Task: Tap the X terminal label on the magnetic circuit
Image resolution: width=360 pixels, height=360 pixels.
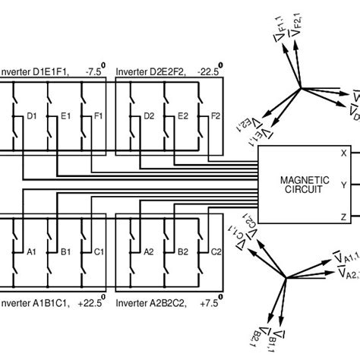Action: pyautogui.click(x=343, y=153)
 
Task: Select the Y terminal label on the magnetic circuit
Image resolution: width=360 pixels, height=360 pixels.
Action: pyautogui.click(x=343, y=185)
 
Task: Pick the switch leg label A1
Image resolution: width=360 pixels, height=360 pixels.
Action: pyautogui.click(x=33, y=251)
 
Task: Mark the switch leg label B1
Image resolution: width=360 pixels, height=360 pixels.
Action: pyautogui.click(x=65, y=251)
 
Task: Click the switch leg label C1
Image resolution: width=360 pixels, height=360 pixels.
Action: pyautogui.click(x=98, y=251)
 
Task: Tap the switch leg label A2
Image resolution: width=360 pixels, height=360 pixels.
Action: pyautogui.click(x=150, y=251)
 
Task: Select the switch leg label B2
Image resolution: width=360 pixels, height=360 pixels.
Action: pyautogui.click(x=182, y=251)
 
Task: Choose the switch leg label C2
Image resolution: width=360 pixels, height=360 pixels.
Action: pyautogui.click(x=216, y=251)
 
